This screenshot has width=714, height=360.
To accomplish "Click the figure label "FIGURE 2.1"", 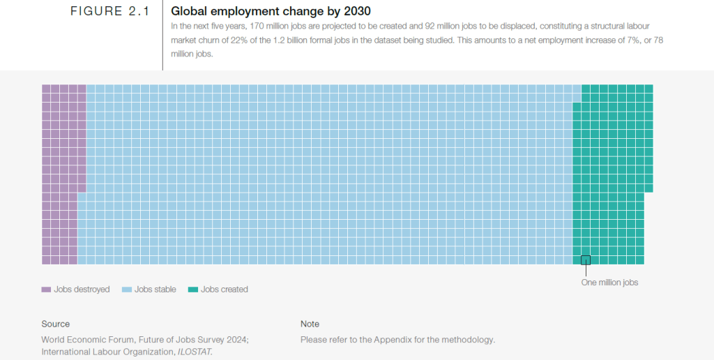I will pos(110,12).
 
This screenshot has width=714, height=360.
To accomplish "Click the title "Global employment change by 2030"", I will pos(271,12).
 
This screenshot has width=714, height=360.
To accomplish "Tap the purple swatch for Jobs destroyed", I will pos(46,290).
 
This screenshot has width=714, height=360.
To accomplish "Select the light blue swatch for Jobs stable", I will pos(127,290).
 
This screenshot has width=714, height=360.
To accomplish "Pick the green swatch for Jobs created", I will pos(193,290).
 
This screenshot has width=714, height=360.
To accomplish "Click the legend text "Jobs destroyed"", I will pos(82,290).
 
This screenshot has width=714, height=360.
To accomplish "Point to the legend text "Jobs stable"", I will pos(155,290).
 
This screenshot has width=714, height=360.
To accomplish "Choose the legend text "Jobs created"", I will pos(225,290).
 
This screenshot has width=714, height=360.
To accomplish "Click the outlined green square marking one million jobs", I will pos(586,260).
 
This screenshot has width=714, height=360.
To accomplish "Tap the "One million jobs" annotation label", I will pos(609,283).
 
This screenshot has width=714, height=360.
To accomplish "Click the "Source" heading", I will pos(56,324).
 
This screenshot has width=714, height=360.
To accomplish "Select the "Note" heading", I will pos(310,324).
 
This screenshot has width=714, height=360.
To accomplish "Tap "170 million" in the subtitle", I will pos(273,26).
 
